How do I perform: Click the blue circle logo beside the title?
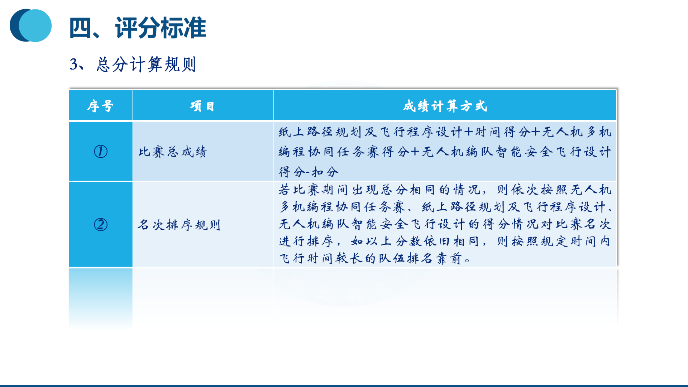[x=31, y=25]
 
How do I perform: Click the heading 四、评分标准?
[x=138, y=28]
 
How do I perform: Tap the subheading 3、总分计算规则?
[x=133, y=64]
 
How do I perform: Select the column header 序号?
[x=100, y=106]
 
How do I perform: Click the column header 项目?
[x=202, y=106]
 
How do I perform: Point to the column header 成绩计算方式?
[x=445, y=106]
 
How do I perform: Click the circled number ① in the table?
[x=101, y=151]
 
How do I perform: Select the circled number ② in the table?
[x=101, y=224]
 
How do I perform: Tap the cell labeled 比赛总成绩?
[x=173, y=152]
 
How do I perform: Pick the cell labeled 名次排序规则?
[x=179, y=225]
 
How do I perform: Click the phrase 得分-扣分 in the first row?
[x=309, y=172]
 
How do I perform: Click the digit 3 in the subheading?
[x=74, y=64]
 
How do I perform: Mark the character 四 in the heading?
[x=80, y=28]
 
